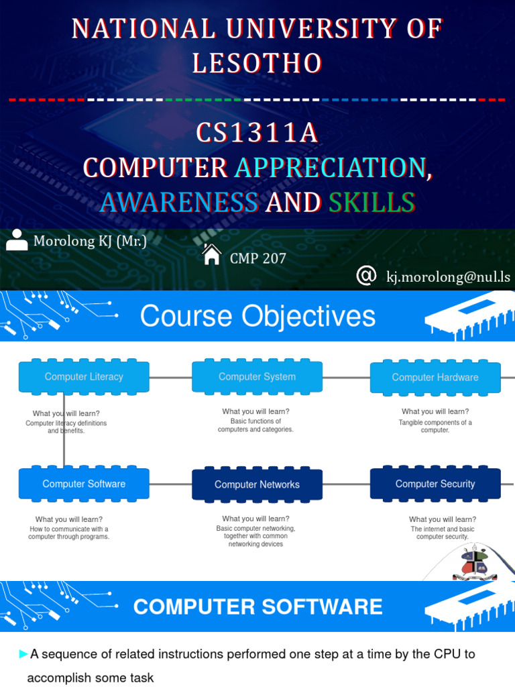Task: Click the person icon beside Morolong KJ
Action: click(17, 240)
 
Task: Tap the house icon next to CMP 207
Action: click(212, 255)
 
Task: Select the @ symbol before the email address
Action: click(365, 275)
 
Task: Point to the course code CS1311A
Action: click(257, 134)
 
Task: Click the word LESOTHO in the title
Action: click(257, 63)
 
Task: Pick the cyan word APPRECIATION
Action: click(329, 168)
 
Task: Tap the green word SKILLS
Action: click(371, 202)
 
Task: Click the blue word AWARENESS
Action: click(178, 202)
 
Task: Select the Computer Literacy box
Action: click(84, 377)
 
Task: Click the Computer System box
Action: click(257, 377)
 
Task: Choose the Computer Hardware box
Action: click(435, 377)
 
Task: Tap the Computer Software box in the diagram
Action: click(84, 484)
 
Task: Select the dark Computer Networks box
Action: click(257, 484)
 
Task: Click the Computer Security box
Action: click(435, 484)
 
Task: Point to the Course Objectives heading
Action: click(257, 316)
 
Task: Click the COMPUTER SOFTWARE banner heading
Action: click(257, 607)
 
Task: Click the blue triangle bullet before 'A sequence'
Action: click(24, 654)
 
